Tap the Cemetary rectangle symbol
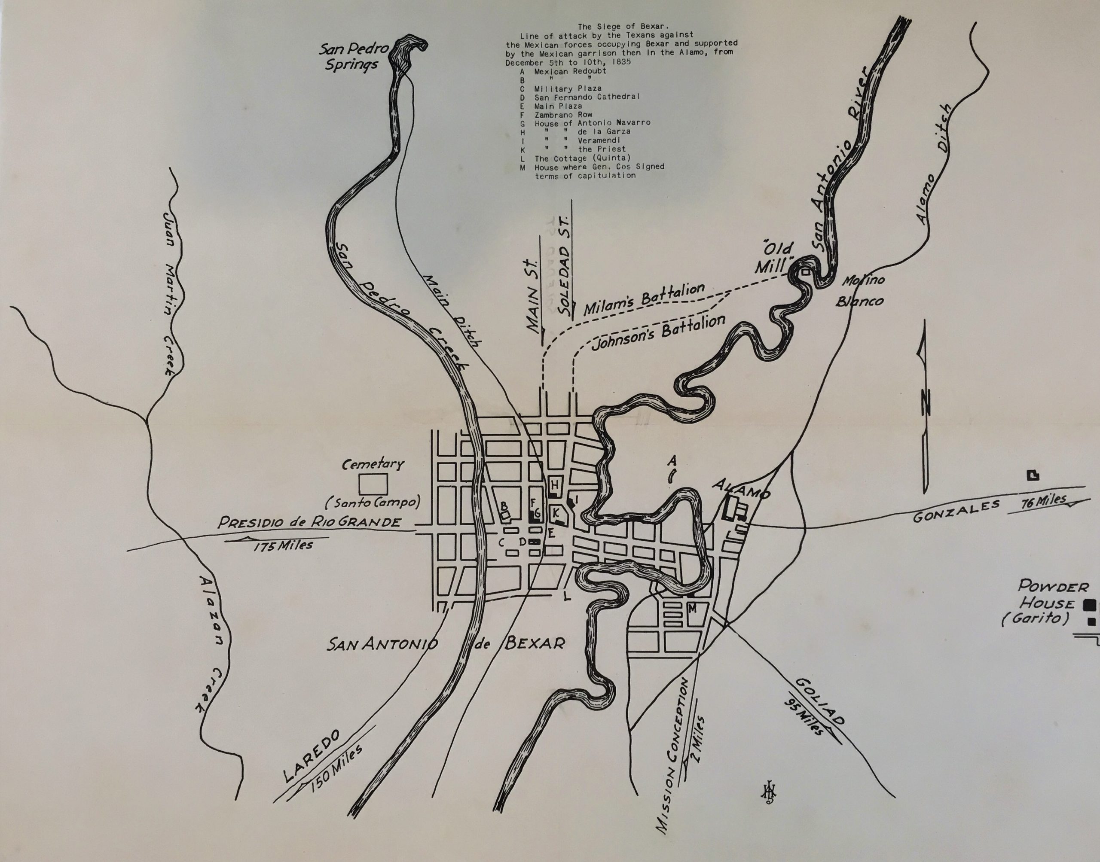[x=373, y=484]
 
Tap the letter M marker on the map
[x=693, y=609]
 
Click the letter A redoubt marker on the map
[x=672, y=461]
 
